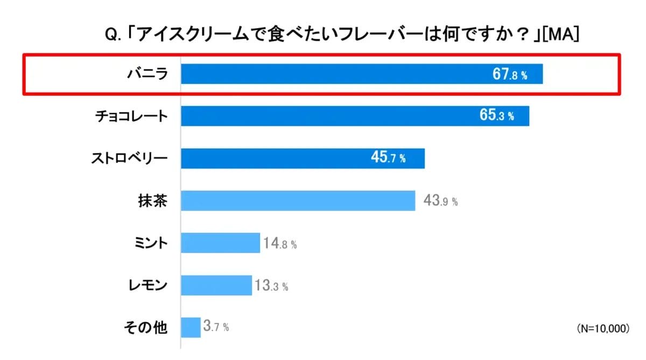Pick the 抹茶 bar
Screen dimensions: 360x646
(x=298, y=201)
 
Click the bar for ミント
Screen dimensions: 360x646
(x=220, y=243)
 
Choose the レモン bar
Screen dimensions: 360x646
(x=216, y=285)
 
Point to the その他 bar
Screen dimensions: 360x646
(x=191, y=327)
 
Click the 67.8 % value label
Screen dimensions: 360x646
(x=510, y=75)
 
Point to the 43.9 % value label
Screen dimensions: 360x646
(x=441, y=201)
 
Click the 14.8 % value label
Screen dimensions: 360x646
(x=280, y=243)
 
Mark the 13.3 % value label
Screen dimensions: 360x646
(x=271, y=286)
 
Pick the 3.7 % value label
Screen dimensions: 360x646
(x=216, y=327)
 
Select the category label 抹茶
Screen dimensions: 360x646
(x=153, y=201)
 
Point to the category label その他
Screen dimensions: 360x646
(x=146, y=327)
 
